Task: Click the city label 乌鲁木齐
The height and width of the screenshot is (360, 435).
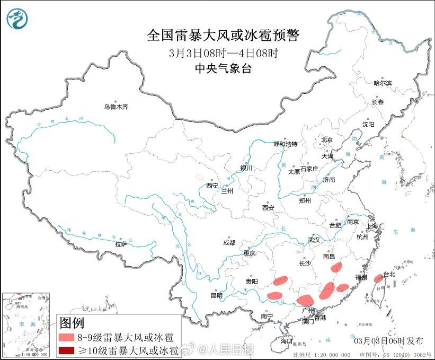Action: [116, 107]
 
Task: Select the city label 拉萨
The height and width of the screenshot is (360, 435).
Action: [121, 244]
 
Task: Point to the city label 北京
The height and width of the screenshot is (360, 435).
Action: [326, 140]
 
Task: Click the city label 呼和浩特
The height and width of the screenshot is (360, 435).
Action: [285, 144]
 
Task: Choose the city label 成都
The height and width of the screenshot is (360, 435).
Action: [229, 243]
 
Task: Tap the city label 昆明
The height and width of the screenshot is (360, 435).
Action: [217, 295]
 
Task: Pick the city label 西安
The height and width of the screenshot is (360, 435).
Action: [268, 208]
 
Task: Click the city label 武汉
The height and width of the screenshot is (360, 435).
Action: [314, 240]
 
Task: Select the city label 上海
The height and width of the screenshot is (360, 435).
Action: [373, 226]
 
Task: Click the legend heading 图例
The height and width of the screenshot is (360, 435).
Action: [72, 322]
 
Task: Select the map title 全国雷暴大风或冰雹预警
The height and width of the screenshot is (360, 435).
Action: [223, 36]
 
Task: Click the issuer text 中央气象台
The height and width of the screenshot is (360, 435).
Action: [223, 68]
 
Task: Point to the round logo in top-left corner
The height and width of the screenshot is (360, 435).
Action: [17, 19]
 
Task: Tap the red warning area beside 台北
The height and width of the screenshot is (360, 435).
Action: [378, 278]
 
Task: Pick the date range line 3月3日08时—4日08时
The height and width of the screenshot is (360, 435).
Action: [223, 52]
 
